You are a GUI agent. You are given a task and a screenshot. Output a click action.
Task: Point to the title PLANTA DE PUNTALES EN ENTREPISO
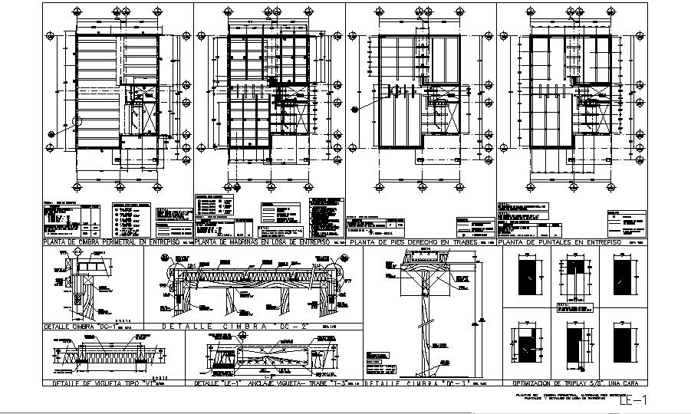click(560, 242)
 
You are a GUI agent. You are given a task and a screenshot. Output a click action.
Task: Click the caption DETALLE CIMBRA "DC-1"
click(77, 326)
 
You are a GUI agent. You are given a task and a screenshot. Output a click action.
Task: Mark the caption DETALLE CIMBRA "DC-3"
click(418, 382)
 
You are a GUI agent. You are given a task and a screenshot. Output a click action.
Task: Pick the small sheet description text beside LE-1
click(568, 397)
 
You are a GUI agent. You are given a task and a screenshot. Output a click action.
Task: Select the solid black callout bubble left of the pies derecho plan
click(355, 110)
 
